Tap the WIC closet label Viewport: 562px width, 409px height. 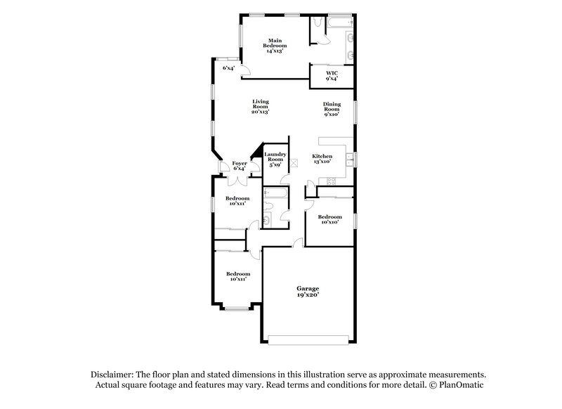pos(332,75)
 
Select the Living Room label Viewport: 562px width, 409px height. pos(261,106)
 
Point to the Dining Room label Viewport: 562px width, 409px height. pos(332,109)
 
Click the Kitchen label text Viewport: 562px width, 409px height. pos(322,156)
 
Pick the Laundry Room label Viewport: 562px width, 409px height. pos(274,159)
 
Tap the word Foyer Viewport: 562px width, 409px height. pos(239,163)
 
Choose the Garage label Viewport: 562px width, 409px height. pos(308,289)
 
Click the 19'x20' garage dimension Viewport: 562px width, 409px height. pos(308,296)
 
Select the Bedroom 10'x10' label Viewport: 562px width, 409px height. pos(330,219)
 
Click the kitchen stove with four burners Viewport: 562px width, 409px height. pos(327,182)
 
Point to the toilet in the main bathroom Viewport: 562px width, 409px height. pos(320,25)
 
